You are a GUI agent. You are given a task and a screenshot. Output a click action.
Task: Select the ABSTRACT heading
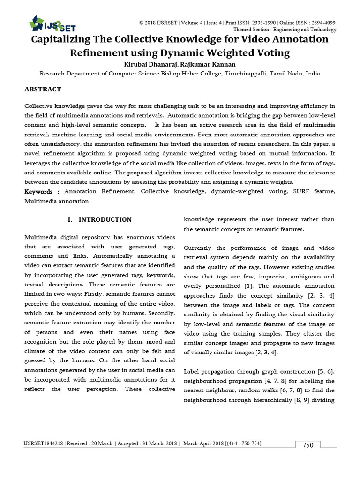click(x=43, y=89)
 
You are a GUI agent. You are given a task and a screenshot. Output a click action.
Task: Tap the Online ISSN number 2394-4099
click(x=321, y=22)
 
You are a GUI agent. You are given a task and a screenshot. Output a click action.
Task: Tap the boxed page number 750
click(x=307, y=445)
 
